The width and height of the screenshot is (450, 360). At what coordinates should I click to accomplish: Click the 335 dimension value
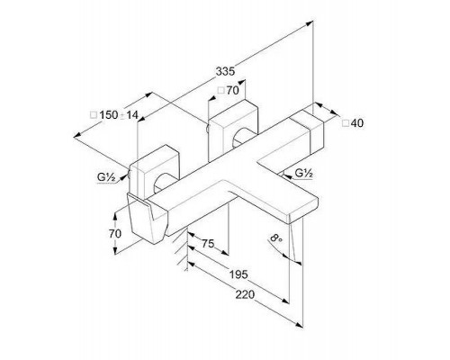pyautogui.click(x=225, y=72)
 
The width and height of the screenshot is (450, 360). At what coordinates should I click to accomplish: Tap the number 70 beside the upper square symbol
pyautogui.click(x=232, y=90)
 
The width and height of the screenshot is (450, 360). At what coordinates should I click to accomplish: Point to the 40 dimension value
pyautogui.click(x=356, y=123)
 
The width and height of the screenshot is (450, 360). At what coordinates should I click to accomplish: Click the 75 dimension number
pyautogui.click(x=208, y=244)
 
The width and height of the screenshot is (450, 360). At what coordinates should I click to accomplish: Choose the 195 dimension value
pyautogui.click(x=238, y=274)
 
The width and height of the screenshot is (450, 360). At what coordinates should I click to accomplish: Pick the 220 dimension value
pyautogui.click(x=245, y=294)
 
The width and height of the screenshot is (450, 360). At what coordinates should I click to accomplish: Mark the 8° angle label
pyautogui.click(x=276, y=238)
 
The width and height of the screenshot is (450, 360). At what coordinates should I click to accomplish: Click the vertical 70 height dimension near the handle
pyautogui.click(x=115, y=233)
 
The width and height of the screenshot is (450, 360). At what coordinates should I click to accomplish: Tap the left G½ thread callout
pyautogui.click(x=106, y=177)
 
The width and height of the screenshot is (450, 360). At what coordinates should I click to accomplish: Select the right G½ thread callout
pyautogui.click(x=304, y=173)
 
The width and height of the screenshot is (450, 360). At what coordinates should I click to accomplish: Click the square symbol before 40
pyautogui.click(x=346, y=123)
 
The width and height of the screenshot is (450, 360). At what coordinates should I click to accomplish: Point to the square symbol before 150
pyautogui.click(x=94, y=115)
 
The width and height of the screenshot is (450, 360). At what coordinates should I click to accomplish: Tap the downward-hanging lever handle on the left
pyautogui.click(x=146, y=219)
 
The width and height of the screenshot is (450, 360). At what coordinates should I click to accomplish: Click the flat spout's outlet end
pyautogui.click(x=303, y=209)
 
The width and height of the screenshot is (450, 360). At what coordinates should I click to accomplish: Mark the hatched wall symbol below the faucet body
pyautogui.click(x=181, y=250)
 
